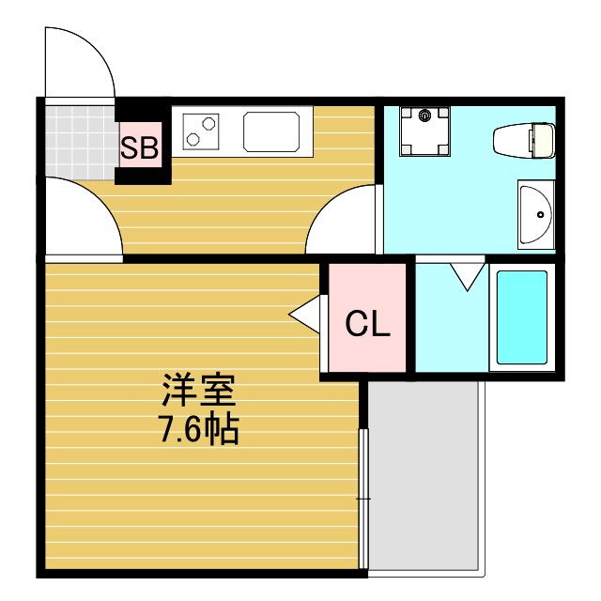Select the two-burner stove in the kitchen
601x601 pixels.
coord(200,130)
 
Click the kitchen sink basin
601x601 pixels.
coord(276,131)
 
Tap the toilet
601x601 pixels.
coord(524,140)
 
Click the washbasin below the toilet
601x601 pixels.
coord(536,214)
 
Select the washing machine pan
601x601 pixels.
coord(424,132)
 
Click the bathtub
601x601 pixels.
coord(521,318)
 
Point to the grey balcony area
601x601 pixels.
coord(424,474)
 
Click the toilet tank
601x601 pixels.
coord(542,140)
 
